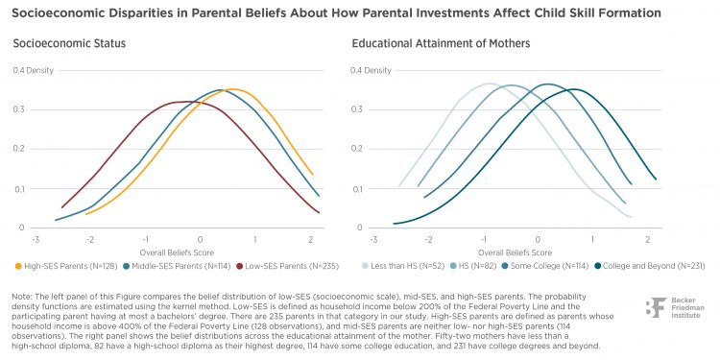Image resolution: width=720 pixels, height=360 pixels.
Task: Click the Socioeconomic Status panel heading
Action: point(69,43)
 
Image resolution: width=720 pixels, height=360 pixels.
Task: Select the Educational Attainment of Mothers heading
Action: point(441,43)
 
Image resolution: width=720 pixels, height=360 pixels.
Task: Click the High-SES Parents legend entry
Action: point(66,265)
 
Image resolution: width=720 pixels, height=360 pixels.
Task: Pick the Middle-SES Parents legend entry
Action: point(177,265)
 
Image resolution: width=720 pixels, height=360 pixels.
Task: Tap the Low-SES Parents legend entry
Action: point(286,265)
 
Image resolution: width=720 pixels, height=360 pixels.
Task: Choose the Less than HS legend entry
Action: point(403,265)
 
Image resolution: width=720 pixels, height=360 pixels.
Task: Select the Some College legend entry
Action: point(545,265)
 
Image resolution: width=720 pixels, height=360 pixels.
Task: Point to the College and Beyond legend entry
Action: point(649,265)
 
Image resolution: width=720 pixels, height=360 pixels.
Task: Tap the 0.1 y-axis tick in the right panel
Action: point(357,189)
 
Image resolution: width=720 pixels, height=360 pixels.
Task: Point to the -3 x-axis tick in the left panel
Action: point(35,240)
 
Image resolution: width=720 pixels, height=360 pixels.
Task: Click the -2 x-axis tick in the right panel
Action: point(428,240)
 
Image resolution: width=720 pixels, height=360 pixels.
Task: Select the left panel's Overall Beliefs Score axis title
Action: point(177,252)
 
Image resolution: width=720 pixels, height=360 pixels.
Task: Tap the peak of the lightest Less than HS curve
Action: point(488,84)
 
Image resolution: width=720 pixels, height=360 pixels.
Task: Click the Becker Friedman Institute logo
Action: point(675,307)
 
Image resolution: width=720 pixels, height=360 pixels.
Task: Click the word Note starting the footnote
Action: point(20,297)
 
